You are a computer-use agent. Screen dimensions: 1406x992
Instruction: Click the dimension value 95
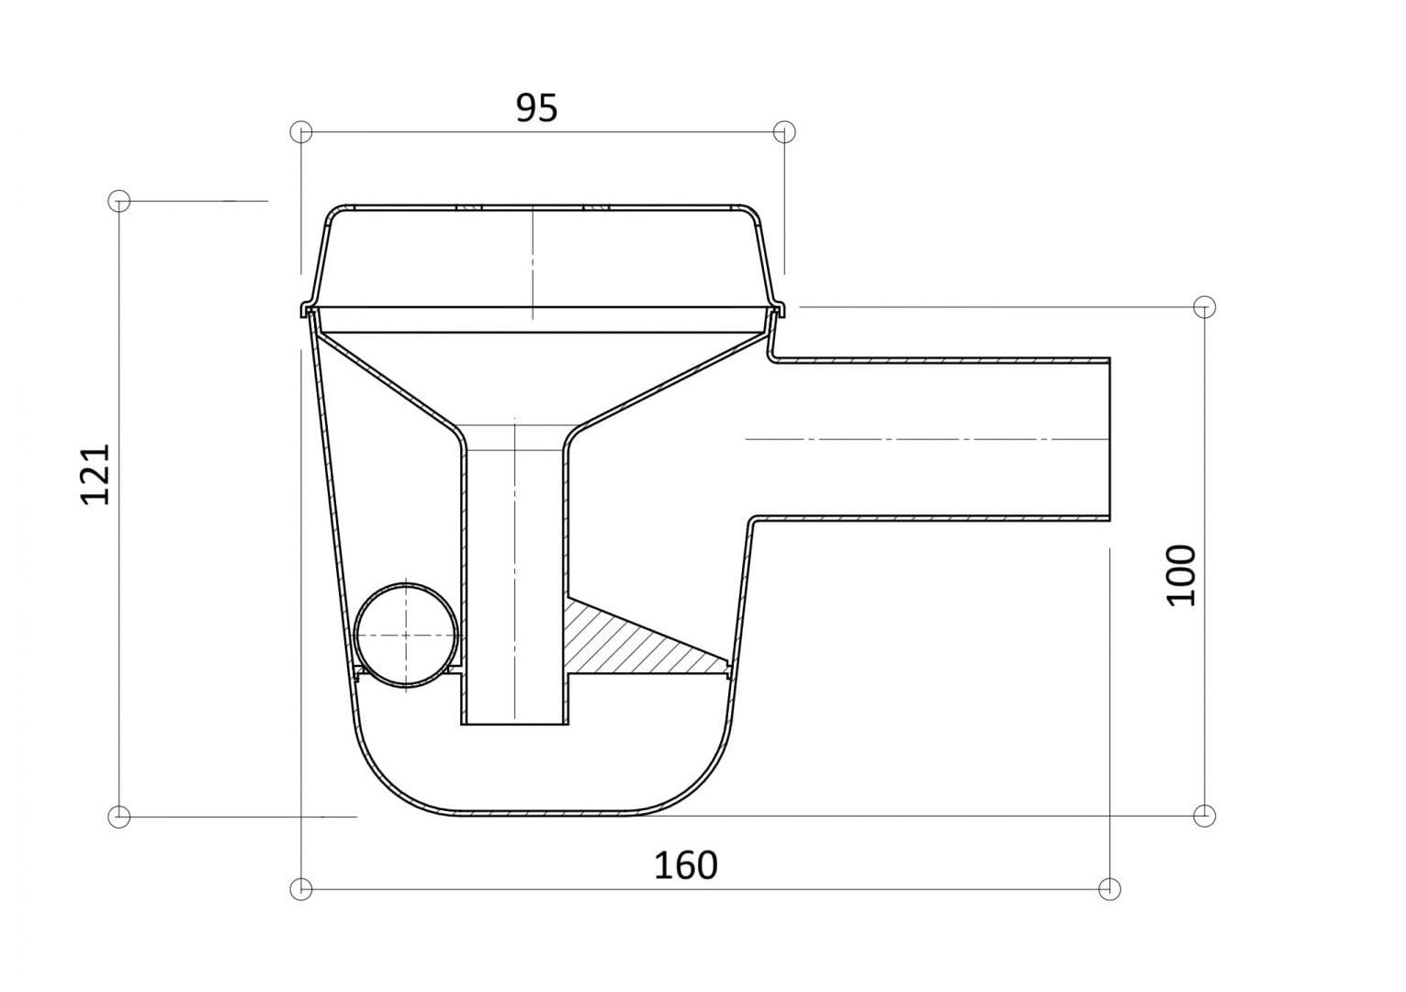(x=536, y=108)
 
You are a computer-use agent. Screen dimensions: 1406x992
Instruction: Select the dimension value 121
(x=96, y=474)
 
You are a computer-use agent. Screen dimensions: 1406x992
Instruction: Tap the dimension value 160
(x=685, y=866)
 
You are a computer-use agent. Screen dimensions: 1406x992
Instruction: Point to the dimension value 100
(x=1181, y=575)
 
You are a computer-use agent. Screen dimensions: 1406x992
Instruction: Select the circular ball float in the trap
(x=407, y=636)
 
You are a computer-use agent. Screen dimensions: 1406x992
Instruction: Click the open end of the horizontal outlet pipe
(x=1109, y=439)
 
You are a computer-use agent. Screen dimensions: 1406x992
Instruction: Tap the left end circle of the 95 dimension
(x=301, y=132)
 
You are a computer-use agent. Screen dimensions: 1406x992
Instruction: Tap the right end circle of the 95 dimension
(x=784, y=132)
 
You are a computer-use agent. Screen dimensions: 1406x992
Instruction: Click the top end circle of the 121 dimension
(x=119, y=201)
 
